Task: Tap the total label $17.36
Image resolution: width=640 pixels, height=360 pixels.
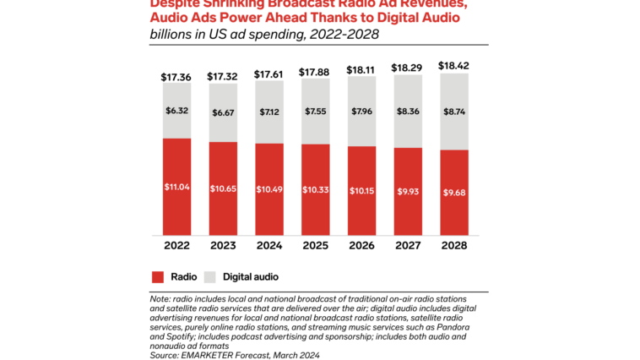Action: pyautogui.click(x=176, y=77)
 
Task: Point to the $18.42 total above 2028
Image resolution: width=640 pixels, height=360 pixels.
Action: pyautogui.click(x=454, y=65)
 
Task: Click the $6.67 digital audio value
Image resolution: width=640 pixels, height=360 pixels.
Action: pyautogui.click(x=223, y=112)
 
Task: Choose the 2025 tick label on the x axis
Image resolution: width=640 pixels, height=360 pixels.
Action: pyautogui.click(x=316, y=246)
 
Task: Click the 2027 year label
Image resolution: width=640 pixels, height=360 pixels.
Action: pyautogui.click(x=408, y=246)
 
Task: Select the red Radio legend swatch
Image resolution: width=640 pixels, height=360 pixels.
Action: pyautogui.click(x=158, y=276)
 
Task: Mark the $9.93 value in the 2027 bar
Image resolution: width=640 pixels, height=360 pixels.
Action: pyautogui.click(x=408, y=191)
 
